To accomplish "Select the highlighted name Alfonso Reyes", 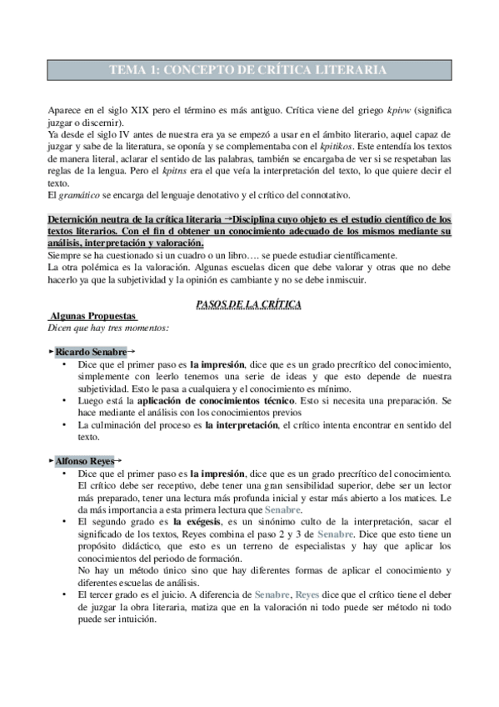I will [x=86, y=461].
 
